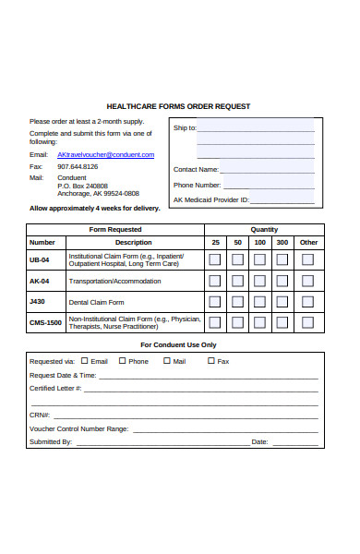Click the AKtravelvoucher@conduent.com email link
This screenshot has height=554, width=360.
(106, 154)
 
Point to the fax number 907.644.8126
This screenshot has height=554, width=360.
(78, 166)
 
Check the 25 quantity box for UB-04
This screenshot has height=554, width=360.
(215, 259)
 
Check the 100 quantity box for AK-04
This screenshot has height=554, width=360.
(259, 281)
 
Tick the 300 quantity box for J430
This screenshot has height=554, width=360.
(282, 302)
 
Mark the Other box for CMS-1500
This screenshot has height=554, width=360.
(308, 323)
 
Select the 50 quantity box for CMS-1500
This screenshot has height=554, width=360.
(237, 323)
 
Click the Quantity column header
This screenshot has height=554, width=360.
(264, 229)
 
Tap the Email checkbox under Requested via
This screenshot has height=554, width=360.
(85, 361)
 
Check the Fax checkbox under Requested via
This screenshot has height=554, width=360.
(211, 361)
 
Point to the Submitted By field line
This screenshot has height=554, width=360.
(162, 443)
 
